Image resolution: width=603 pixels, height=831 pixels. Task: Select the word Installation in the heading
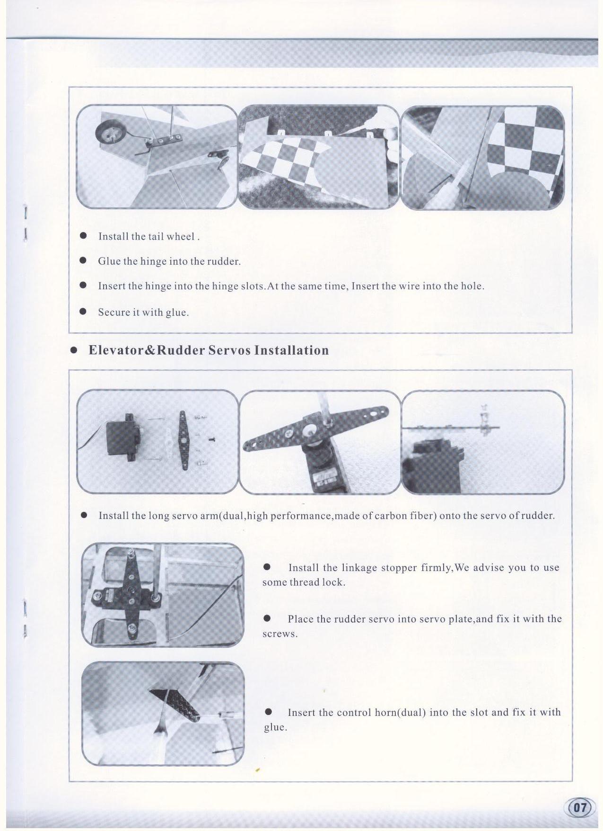pos(291,350)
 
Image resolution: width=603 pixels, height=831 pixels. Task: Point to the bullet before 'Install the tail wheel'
pos(83,235)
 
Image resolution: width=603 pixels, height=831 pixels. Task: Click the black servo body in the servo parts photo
pos(121,438)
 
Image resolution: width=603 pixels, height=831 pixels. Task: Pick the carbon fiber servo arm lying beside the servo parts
pos(183,440)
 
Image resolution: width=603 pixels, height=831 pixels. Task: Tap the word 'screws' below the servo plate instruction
pos(280,634)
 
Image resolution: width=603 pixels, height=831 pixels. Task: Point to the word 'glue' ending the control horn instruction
pos(274,727)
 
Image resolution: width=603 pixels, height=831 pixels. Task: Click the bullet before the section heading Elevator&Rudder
pos(74,351)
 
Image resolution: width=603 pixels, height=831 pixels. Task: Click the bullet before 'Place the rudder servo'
pos(267,618)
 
